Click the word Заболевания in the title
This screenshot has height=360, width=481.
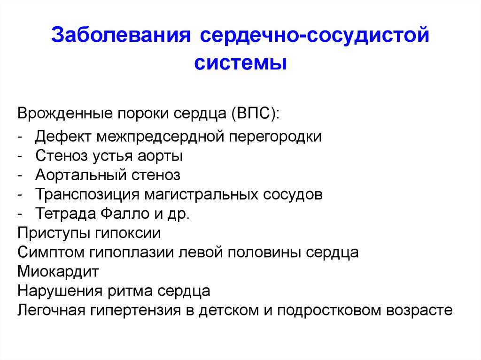(121, 35)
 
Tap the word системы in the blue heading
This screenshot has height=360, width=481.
(240, 63)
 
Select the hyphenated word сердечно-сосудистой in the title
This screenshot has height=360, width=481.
(314, 35)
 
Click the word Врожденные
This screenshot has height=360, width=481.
(65, 114)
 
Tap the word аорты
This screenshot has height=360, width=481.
(160, 156)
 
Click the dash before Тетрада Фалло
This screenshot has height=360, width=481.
(20, 214)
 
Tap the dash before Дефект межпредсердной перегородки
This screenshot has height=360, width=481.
(20, 137)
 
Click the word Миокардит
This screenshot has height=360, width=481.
(58, 272)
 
